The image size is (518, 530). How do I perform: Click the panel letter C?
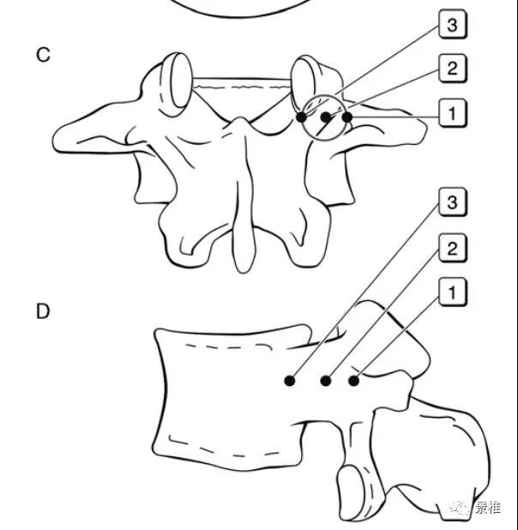click(43, 55)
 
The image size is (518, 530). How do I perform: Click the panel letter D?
click(43, 311)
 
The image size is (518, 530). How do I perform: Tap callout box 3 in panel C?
click(453, 24)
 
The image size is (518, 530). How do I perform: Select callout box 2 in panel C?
click(453, 69)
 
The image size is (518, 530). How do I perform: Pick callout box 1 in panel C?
click(453, 113)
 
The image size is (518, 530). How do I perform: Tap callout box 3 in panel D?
click(453, 202)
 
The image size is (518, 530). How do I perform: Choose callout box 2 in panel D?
click(453, 248)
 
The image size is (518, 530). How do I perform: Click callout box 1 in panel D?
click(453, 292)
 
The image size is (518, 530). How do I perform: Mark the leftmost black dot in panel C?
click(302, 117)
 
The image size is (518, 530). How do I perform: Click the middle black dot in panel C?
click(326, 117)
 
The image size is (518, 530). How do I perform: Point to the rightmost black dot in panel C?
click(347, 117)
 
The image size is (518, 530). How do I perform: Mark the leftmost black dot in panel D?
click(290, 381)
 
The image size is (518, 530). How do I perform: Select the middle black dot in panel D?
click(326, 381)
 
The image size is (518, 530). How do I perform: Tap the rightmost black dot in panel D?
click(353, 381)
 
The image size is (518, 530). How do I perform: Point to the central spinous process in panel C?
click(244, 196)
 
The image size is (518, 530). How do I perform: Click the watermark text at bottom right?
click(488, 507)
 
